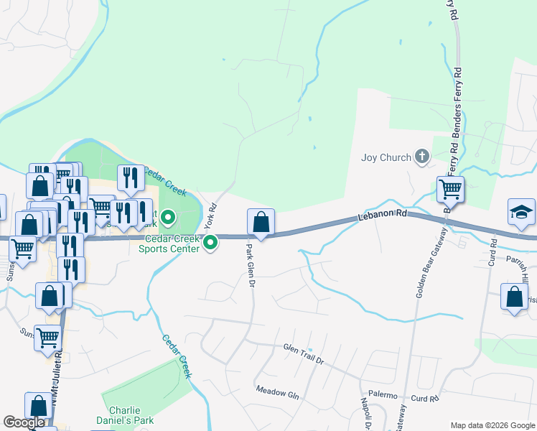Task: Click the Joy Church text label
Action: [386, 157]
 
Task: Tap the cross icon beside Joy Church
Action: [422, 156]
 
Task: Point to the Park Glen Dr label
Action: [251, 265]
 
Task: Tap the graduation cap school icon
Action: [522, 211]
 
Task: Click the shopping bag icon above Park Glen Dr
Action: [261, 221]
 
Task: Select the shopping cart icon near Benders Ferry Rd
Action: [450, 190]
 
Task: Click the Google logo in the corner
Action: [24, 422]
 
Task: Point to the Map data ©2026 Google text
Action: [492, 425]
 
